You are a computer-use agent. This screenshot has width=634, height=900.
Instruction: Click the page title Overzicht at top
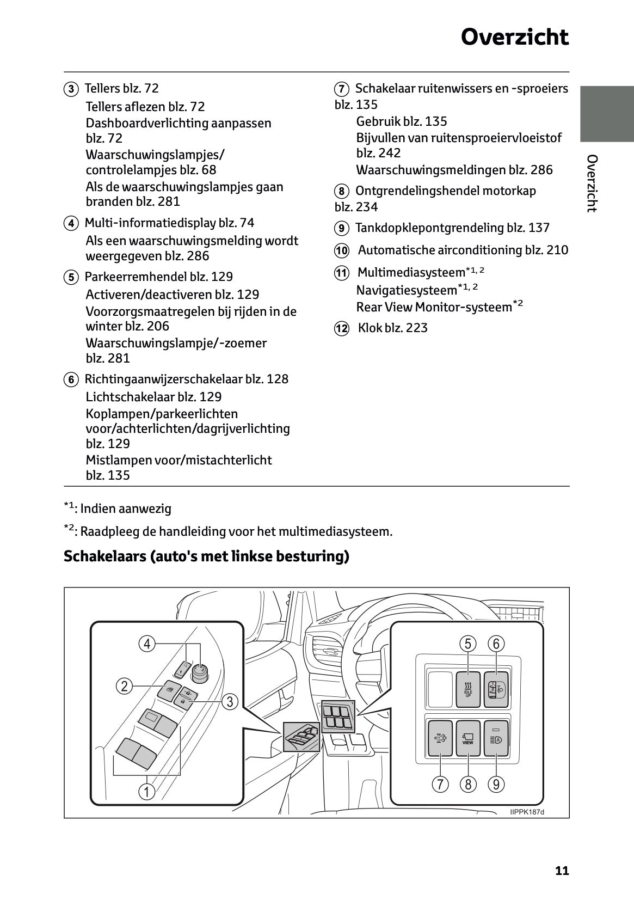(x=514, y=38)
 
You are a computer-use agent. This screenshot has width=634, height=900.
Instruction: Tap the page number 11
(x=562, y=871)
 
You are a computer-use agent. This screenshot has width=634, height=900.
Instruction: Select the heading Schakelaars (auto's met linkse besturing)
(x=206, y=556)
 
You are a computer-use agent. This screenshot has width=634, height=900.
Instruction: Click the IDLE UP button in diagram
(x=468, y=689)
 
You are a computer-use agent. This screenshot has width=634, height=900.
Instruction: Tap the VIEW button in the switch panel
(x=467, y=738)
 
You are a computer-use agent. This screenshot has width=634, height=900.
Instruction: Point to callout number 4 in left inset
(x=147, y=644)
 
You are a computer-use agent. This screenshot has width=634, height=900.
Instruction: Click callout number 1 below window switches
(x=146, y=791)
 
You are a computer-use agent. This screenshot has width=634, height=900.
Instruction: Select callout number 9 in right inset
(x=496, y=785)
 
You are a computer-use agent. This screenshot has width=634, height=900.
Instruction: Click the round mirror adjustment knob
(x=201, y=670)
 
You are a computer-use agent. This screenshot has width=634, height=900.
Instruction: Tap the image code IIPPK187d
(x=527, y=812)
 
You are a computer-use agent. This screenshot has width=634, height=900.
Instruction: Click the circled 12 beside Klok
(x=341, y=328)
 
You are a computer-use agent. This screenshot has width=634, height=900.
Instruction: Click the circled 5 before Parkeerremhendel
(x=71, y=277)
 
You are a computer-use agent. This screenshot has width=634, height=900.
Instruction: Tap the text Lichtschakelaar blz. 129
(x=153, y=397)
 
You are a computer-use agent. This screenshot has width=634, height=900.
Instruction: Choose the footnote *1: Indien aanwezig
(x=118, y=509)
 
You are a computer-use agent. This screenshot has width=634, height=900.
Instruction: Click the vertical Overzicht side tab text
(x=592, y=183)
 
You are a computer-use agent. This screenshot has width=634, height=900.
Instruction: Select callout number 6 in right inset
(x=496, y=644)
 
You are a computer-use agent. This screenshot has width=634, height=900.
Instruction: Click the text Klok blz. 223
(x=392, y=328)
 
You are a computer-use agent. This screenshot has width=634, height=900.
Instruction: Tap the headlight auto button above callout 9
(x=496, y=738)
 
